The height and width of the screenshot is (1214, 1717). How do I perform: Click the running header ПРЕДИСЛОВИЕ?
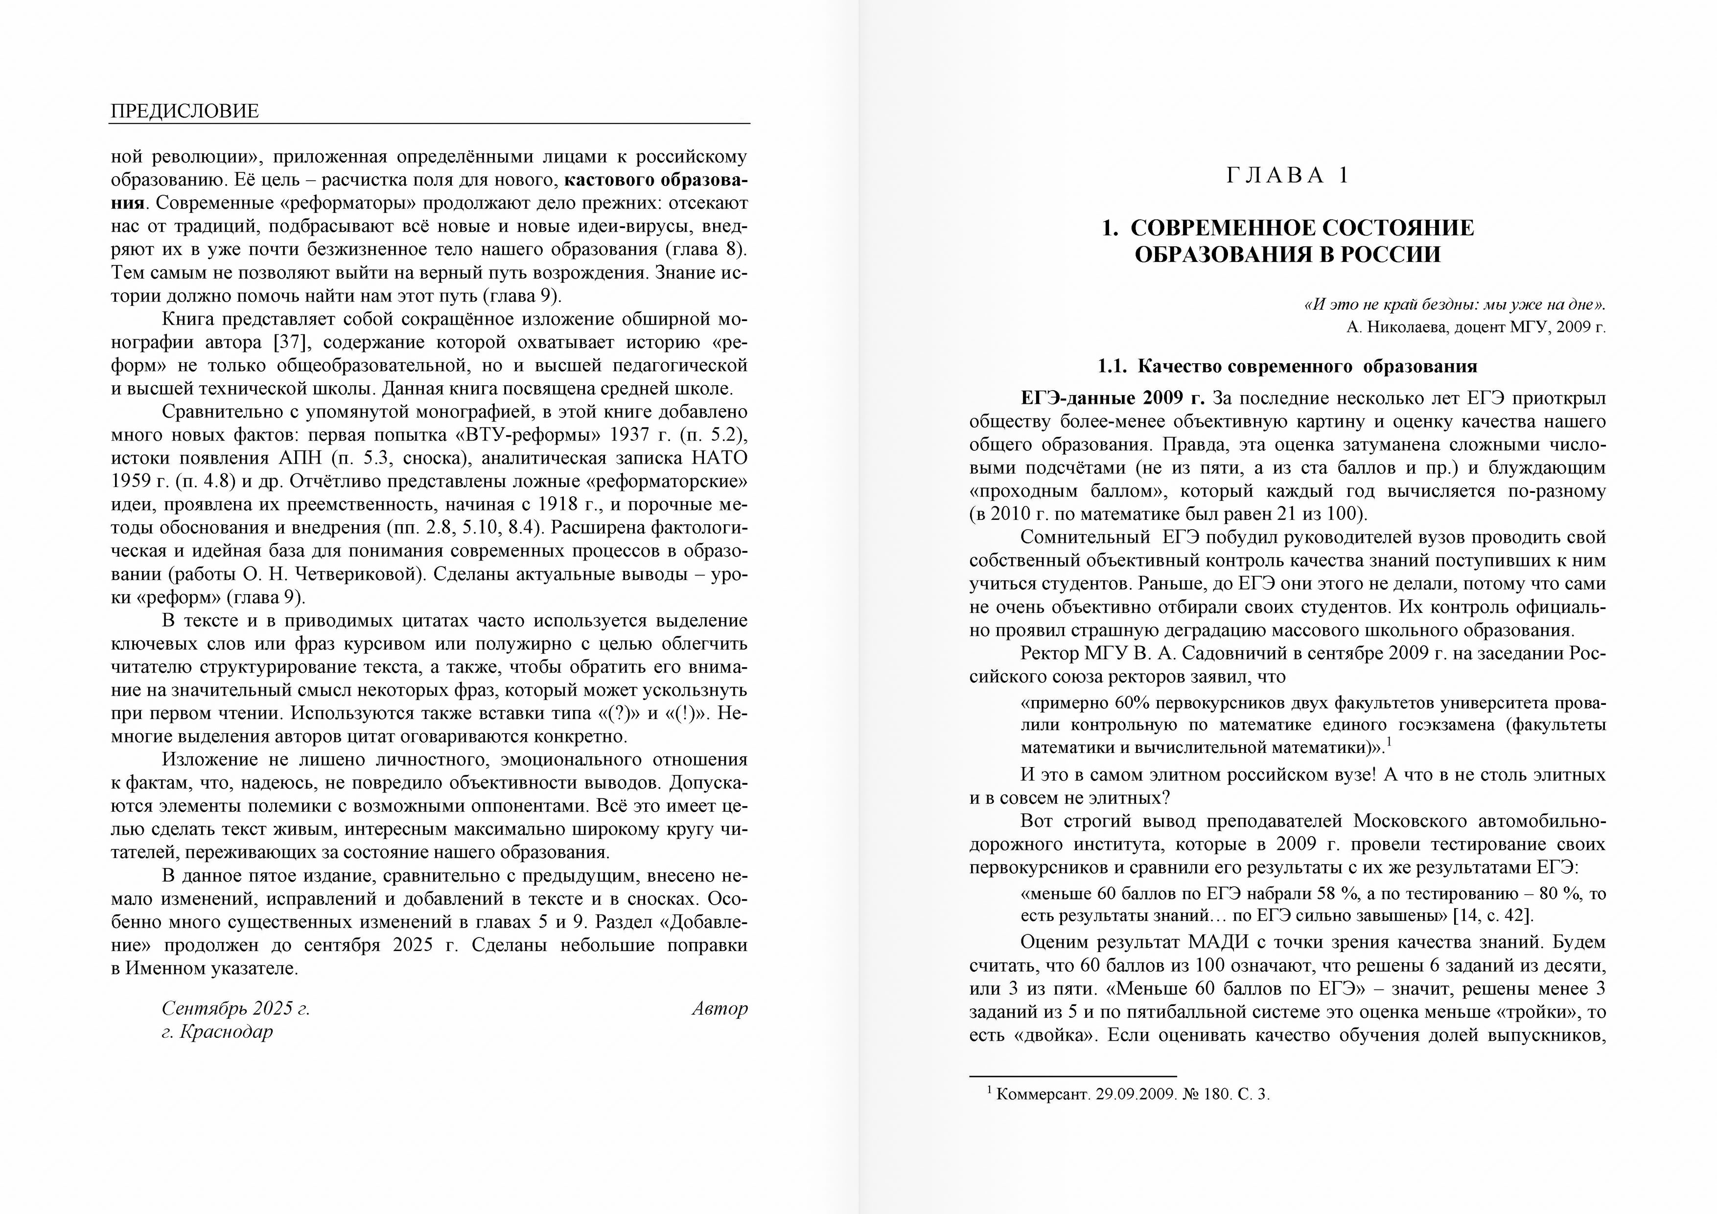click(x=184, y=112)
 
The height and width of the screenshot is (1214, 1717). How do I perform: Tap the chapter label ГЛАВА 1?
click(x=1288, y=176)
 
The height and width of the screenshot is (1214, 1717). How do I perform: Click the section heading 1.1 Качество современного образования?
click(x=1287, y=367)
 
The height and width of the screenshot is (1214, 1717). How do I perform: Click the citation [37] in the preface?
click(x=289, y=343)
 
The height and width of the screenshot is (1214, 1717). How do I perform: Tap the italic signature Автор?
click(x=719, y=1008)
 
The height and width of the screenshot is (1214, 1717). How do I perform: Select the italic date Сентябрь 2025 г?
click(x=235, y=1008)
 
